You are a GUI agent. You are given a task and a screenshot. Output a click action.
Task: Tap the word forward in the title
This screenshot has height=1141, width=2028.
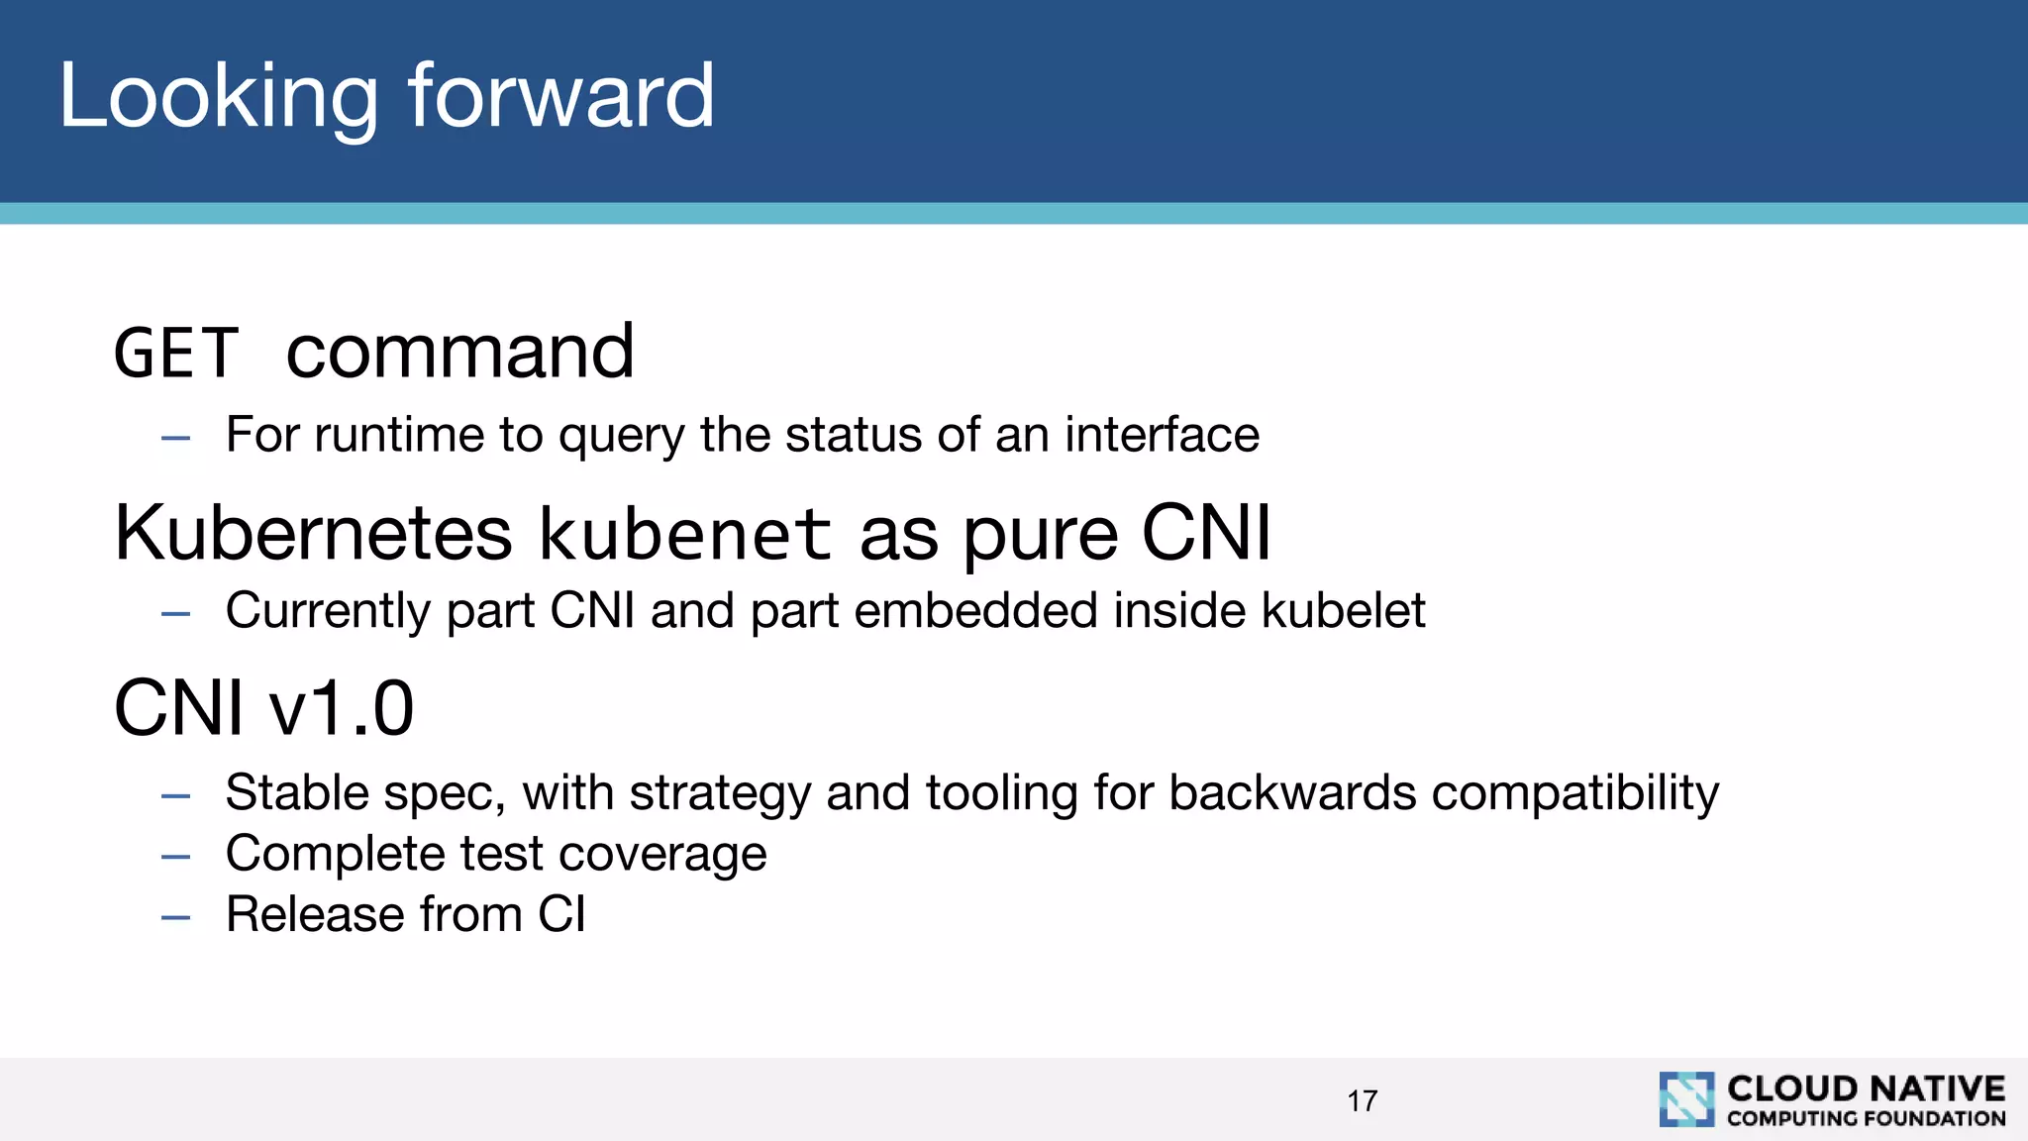[x=560, y=96]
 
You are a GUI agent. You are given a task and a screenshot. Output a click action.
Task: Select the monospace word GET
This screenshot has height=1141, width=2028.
[x=176, y=354]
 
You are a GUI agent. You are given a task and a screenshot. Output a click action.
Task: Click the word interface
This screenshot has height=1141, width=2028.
[x=1162, y=435]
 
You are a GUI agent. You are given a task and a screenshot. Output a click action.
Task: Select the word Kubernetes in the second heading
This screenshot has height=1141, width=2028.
[x=313, y=534]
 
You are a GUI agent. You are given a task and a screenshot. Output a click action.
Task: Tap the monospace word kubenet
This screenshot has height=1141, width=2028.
[x=685, y=534]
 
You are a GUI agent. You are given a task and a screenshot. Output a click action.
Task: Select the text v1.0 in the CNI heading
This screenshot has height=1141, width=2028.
[x=342, y=709]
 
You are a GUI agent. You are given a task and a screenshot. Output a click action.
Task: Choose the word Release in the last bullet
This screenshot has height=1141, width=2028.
[x=314, y=914]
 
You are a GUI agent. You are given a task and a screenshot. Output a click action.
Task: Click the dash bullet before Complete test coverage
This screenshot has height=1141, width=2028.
[x=175, y=857]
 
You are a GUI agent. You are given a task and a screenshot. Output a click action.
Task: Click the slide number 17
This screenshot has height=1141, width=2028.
[x=1362, y=1100]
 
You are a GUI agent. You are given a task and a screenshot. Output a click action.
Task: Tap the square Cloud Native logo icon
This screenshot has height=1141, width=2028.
[x=1686, y=1099]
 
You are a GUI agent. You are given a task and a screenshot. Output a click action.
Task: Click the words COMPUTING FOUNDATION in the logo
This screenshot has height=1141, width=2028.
[x=1866, y=1119]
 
